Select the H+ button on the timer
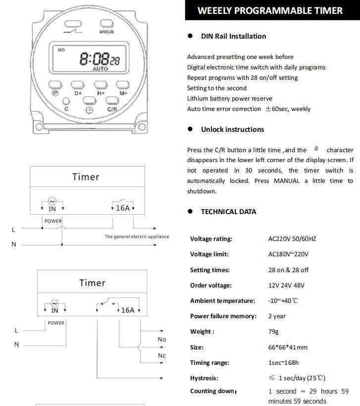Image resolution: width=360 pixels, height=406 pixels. click(101, 84)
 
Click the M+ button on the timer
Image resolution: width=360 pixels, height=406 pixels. click(123, 84)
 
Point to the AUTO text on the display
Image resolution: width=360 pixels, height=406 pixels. click(100, 69)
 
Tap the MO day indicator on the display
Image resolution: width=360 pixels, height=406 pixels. click(61, 50)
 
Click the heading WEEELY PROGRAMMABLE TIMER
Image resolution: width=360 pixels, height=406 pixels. click(270, 10)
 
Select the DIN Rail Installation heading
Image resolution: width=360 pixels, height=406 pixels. click(233, 36)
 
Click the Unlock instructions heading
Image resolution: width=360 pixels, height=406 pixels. click(232, 129)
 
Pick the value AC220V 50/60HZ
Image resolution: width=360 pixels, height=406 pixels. click(292, 239)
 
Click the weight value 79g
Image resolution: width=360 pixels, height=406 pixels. click(273, 332)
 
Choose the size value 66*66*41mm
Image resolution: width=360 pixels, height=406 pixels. click(288, 348)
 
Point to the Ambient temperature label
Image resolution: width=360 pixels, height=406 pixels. click(222, 301)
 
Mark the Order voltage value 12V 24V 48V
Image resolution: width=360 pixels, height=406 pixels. click(286, 286)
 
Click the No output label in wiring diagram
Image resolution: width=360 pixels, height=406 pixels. click(162, 340)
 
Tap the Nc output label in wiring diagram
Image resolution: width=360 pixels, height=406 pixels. click(162, 356)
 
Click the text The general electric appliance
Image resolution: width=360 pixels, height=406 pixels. click(137, 236)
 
